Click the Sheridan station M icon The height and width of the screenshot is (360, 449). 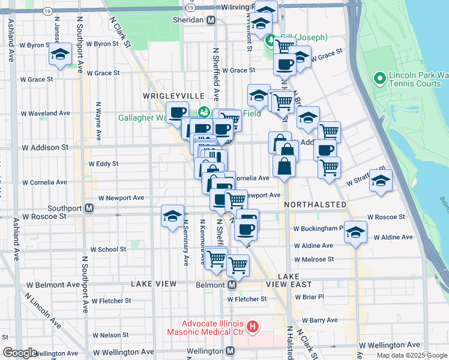tap(211, 20)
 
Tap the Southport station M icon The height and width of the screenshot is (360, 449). tap(89, 208)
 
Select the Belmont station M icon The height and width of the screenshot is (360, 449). tap(231, 284)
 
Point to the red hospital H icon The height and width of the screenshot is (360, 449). tap(253, 327)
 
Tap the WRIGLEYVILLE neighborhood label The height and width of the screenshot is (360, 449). tap(166, 96)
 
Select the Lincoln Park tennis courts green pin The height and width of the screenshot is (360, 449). tap(379, 79)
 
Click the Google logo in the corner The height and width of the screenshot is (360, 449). tap(19, 353)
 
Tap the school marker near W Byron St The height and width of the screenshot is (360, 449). tap(60, 54)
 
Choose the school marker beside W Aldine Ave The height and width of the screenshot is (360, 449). tap(355, 232)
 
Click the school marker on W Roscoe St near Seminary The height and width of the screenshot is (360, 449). tap(172, 216)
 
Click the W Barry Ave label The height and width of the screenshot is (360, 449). tap(320, 320)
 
